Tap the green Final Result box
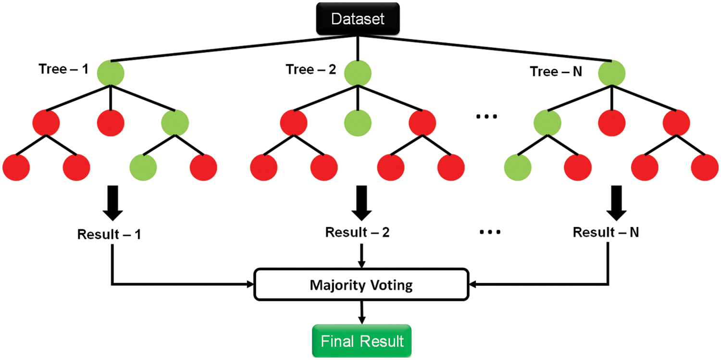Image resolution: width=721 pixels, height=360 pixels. [362, 342]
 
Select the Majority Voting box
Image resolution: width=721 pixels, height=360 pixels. [360, 286]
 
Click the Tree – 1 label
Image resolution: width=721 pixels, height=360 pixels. [63, 69]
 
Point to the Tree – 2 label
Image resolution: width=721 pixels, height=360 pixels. [311, 70]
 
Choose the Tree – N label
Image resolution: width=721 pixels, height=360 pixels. [556, 72]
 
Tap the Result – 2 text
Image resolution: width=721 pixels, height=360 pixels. [357, 233]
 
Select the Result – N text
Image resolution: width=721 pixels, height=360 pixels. [606, 233]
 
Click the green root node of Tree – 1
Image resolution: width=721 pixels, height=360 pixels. [111, 73]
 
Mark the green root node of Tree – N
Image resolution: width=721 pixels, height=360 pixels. [611, 73]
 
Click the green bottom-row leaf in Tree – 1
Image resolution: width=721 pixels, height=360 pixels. [143, 166]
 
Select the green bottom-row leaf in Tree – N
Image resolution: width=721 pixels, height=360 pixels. [518, 166]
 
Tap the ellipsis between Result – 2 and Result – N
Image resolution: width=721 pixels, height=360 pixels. [490, 233]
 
